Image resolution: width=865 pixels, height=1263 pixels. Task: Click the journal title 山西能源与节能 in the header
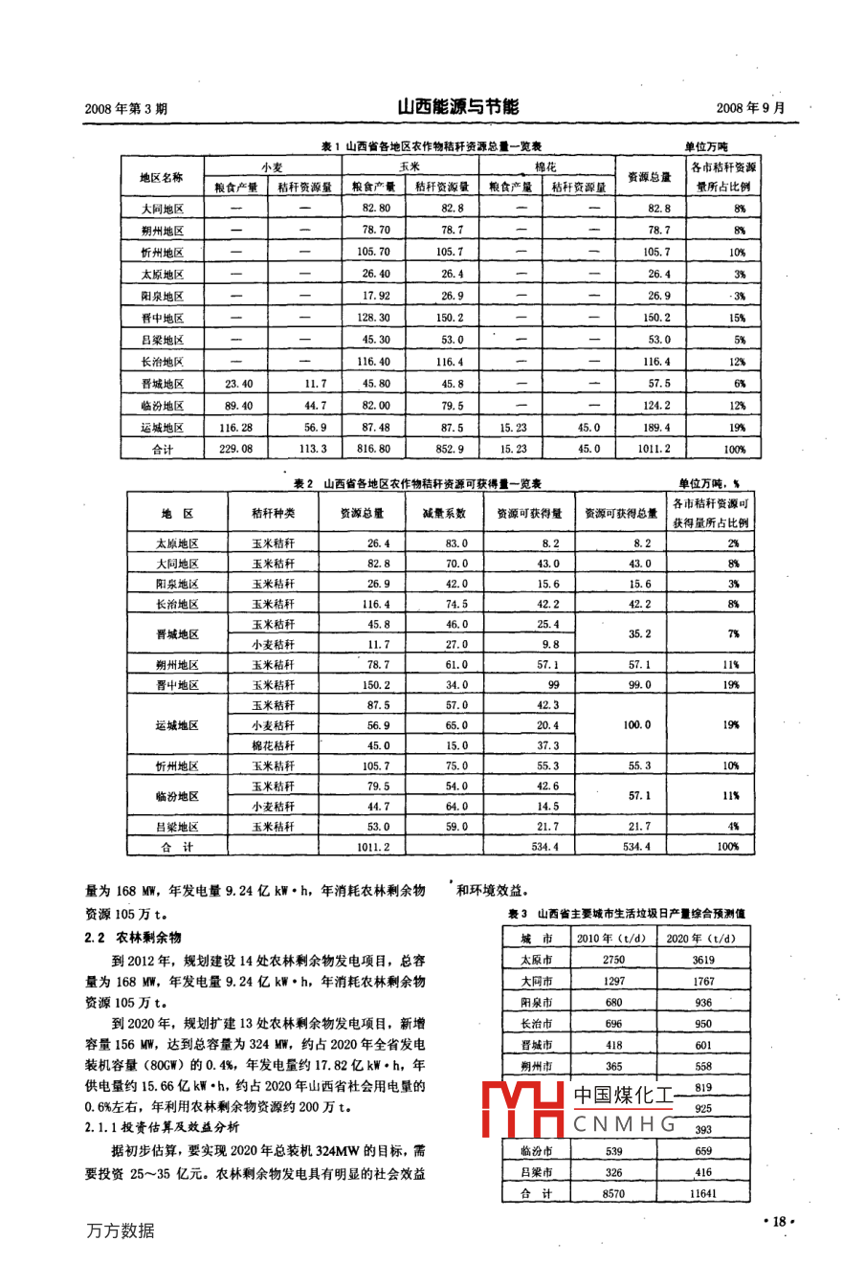pos(457,106)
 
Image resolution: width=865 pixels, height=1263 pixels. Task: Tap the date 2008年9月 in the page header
pos(750,108)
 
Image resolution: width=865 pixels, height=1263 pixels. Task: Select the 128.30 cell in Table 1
pos(370,318)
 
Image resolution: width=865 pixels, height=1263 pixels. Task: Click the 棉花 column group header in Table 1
pos(545,166)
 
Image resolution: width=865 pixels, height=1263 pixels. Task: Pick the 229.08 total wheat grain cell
pos(237,449)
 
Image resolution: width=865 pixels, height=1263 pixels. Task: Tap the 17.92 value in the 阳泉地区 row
pos(370,296)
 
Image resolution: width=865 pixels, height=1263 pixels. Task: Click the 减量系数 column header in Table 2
pos(445,513)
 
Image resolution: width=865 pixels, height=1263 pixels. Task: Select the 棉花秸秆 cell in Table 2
pos(273,745)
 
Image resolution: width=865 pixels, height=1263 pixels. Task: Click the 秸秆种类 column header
pos(273,513)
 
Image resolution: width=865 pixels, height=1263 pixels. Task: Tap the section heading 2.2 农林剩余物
pos(133,938)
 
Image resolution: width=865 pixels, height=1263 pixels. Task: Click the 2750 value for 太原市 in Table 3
pos(613,960)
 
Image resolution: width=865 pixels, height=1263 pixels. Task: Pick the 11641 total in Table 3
pos(703,1193)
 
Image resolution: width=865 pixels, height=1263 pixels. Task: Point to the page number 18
pos(779,1221)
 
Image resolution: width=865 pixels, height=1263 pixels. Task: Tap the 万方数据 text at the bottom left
pos(120,1230)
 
